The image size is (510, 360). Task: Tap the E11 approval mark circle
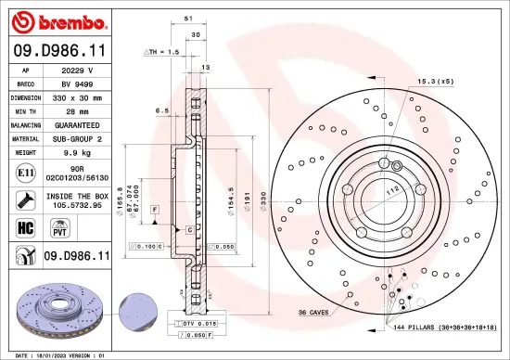(x=22, y=172)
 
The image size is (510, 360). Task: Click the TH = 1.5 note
(x=161, y=53)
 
